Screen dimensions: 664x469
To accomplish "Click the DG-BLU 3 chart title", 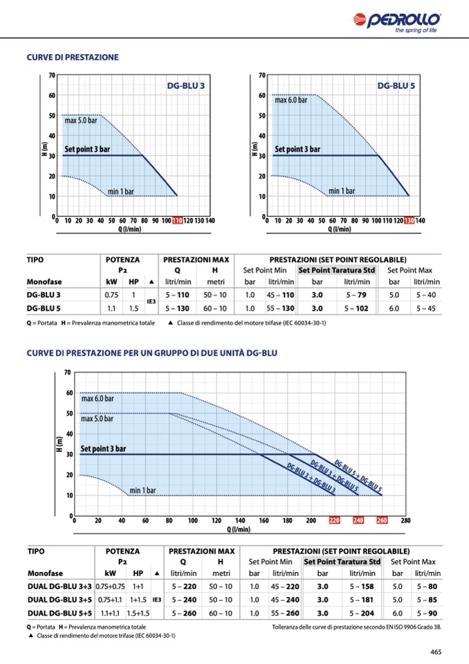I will [x=186, y=87].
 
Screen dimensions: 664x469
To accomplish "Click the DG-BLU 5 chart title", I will [x=396, y=87].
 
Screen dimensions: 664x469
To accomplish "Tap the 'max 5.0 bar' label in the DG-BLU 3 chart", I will [x=81, y=120].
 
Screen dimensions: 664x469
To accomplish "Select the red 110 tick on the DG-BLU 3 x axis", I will [x=177, y=221].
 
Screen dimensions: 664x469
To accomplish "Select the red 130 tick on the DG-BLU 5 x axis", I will [x=409, y=221].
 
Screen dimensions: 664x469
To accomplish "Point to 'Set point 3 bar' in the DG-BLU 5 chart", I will [x=297, y=149].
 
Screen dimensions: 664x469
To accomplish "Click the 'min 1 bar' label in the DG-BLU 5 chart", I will [x=342, y=191].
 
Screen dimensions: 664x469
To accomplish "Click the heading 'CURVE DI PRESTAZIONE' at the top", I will [x=73, y=57].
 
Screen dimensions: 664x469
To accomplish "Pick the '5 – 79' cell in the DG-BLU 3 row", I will [x=356, y=295].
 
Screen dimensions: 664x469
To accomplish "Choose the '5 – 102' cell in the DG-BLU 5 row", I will [x=356, y=309].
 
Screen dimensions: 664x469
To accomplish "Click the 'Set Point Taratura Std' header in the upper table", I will [x=337, y=270].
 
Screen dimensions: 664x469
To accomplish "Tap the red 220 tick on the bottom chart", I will [x=334, y=521].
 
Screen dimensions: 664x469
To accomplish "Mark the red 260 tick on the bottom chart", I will [x=382, y=521].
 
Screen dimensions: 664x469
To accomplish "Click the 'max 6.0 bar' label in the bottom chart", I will [x=98, y=399].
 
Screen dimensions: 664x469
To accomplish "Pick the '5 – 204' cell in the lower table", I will [x=362, y=613].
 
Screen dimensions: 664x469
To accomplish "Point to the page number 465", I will [x=436, y=651].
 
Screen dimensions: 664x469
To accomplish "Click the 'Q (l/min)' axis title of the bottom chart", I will [x=239, y=530].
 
